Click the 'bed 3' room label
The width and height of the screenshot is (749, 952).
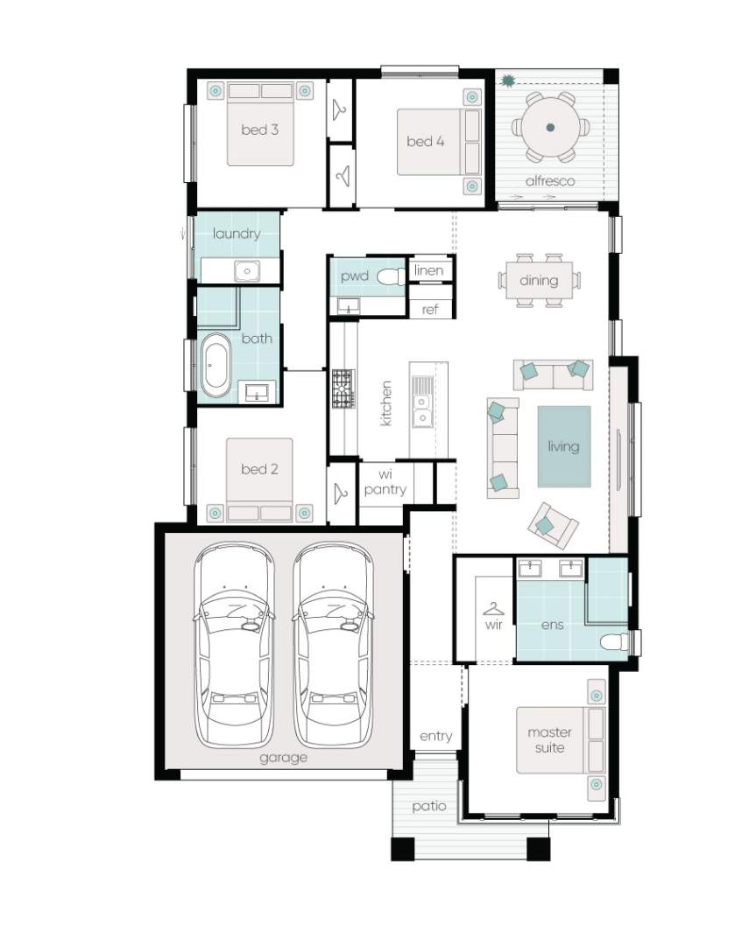pyautogui.click(x=259, y=129)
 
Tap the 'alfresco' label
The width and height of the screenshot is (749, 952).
pyautogui.click(x=549, y=181)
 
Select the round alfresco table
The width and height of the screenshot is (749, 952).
pyautogui.click(x=550, y=128)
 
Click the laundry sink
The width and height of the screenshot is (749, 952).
pyautogui.click(x=247, y=270)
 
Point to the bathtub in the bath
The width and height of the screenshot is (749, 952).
pyautogui.click(x=216, y=366)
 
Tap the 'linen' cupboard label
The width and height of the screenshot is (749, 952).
pyautogui.click(x=428, y=270)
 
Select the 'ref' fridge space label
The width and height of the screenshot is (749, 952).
pyautogui.click(x=430, y=309)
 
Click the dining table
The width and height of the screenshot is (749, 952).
pyautogui.click(x=539, y=281)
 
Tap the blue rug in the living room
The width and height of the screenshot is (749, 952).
pyautogui.click(x=563, y=446)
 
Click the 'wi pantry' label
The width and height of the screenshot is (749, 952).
pyautogui.click(x=385, y=482)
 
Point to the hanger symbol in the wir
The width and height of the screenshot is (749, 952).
pyautogui.click(x=493, y=608)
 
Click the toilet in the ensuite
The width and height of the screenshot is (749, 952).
pyautogui.click(x=615, y=642)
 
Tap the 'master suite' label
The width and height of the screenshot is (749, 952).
pyautogui.click(x=549, y=739)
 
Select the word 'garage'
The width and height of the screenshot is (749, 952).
pyautogui.click(x=283, y=758)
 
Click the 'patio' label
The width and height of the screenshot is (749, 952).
pyautogui.click(x=428, y=806)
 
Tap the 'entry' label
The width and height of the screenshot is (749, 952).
pyautogui.click(x=436, y=737)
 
